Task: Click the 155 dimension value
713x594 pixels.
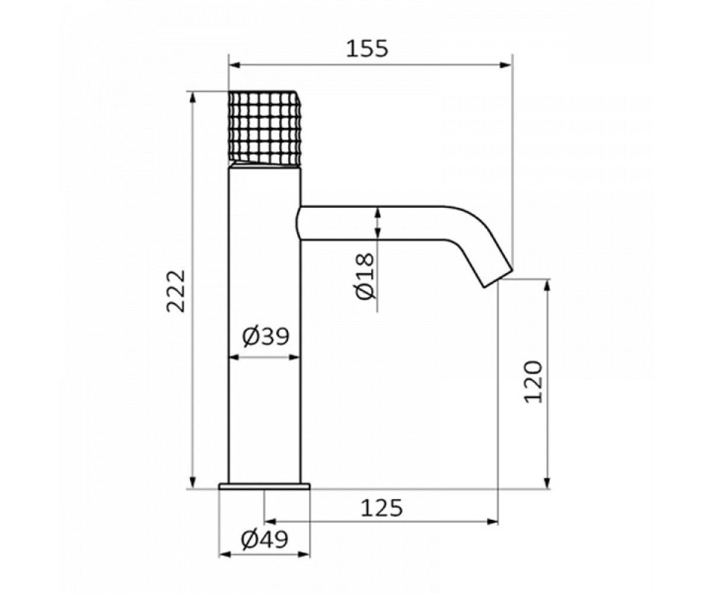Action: coord(367,49)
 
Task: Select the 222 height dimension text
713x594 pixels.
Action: coord(175,292)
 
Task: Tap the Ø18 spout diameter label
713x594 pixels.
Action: coord(365,276)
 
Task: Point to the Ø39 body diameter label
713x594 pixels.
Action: coord(266,336)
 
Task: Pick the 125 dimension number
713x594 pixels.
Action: coord(382,508)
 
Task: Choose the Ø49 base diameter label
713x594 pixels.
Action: coord(264,540)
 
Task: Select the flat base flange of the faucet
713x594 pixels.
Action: coord(264,486)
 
